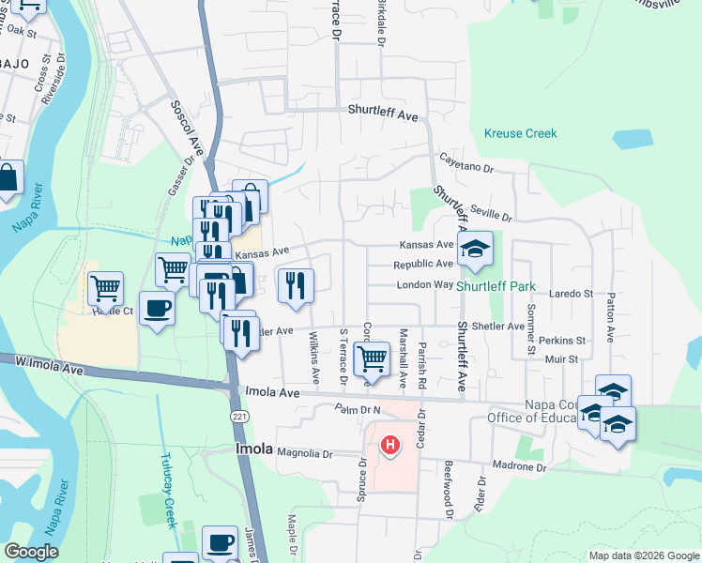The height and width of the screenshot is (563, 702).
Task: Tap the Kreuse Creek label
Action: [520, 134]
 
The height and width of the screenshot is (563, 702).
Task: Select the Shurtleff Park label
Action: [496, 287]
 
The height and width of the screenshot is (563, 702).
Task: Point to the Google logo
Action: [31, 552]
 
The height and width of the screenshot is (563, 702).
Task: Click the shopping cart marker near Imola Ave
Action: [373, 358]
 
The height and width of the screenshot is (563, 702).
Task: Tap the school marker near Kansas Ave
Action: [475, 249]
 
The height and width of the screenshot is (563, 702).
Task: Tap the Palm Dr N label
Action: [357, 410]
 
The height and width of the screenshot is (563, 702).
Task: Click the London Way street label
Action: [424, 284]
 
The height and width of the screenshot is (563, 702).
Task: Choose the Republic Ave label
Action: [423, 265]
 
